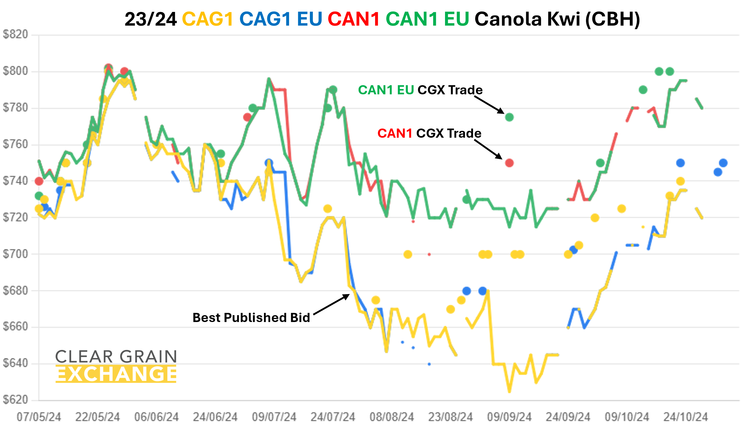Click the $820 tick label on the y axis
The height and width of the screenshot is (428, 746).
15,35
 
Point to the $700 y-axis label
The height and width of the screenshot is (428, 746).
15,254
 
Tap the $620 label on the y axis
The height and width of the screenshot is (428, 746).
15,400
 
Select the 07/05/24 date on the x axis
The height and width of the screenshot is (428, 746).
39,417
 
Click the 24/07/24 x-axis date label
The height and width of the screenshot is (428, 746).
333,417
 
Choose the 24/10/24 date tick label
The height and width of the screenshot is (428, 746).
685,417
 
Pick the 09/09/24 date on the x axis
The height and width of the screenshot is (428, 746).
509,417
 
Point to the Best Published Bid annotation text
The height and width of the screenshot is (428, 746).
251,318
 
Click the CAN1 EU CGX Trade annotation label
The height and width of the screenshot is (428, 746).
420,90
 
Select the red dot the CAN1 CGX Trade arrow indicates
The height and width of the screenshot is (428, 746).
509,163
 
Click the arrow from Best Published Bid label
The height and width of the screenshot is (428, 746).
331,305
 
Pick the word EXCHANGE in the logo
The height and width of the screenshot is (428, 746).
116,374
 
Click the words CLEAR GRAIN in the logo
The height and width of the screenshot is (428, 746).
116,356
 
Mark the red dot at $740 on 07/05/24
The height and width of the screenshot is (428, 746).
39,181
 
